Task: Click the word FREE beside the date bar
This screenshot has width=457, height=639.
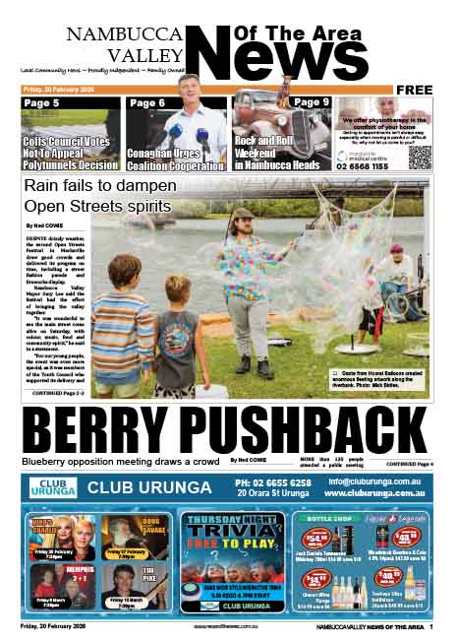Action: tap(414, 90)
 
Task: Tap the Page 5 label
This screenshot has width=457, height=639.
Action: tap(41, 102)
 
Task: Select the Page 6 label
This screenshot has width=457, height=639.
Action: tap(147, 102)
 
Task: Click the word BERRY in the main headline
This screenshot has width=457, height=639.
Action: tap(107, 429)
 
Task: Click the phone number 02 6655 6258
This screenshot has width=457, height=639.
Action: tap(273, 481)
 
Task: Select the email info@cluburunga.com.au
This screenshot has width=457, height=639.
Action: tap(376, 480)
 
